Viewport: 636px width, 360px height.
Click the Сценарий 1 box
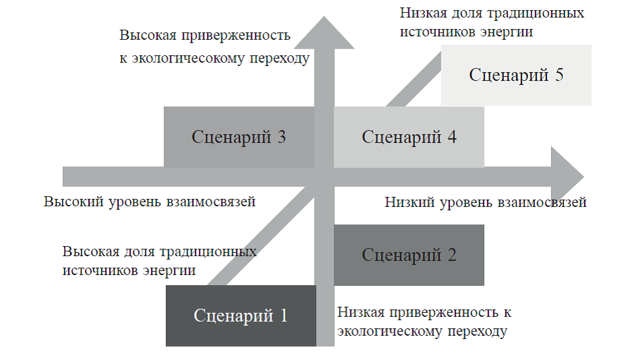pyautogui.click(x=241, y=316)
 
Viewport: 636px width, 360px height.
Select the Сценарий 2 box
pyautogui.click(x=409, y=255)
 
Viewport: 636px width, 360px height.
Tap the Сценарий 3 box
pyautogui.click(x=239, y=137)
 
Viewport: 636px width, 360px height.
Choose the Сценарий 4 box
pyautogui.click(x=409, y=137)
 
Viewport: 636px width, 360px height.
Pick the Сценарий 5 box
pyautogui.click(x=516, y=75)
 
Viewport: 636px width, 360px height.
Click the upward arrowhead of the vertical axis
pyautogui.click(x=324, y=32)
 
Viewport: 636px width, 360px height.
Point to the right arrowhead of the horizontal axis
pyautogui.click(x=567, y=177)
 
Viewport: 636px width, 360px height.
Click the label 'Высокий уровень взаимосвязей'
pyautogui.click(x=150, y=202)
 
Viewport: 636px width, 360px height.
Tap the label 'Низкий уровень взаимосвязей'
pyautogui.click(x=486, y=202)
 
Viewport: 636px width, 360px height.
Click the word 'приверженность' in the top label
pyautogui.click(x=236, y=36)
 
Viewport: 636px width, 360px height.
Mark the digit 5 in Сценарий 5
pyautogui.click(x=559, y=75)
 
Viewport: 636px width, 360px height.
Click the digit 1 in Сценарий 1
pyautogui.click(x=284, y=316)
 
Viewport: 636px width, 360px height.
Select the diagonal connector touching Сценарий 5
pyautogui.click(x=414, y=79)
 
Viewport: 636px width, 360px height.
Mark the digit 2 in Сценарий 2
pyautogui.click(x=452, y=255)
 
